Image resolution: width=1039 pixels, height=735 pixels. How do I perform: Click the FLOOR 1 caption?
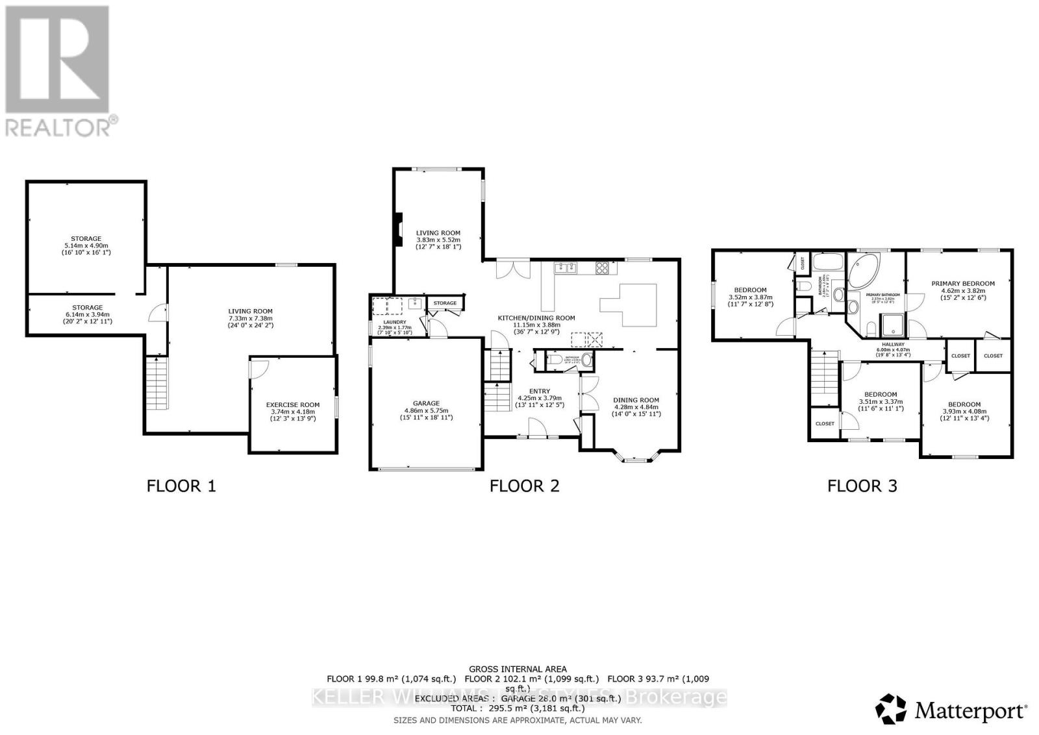pos(181,486)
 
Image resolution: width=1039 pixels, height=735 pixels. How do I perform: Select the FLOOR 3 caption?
pos(862,486)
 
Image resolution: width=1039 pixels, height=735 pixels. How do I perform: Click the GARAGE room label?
pos(426,403)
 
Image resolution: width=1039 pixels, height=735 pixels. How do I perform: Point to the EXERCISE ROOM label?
pos(292,405)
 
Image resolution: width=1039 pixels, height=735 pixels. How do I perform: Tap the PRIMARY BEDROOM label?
pos(962,283)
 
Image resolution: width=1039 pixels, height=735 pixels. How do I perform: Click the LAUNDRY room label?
pos(394,322)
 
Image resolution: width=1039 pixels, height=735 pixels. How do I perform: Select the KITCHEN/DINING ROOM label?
pos(536,318)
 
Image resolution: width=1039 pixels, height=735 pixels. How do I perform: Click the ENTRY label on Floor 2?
pos(539,391)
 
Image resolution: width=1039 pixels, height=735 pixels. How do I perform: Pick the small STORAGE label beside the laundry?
pos(445,303)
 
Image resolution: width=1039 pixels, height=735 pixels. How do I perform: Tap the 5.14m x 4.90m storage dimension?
pos(86,245)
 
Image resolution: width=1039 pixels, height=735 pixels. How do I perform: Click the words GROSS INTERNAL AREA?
pos(518,669)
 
